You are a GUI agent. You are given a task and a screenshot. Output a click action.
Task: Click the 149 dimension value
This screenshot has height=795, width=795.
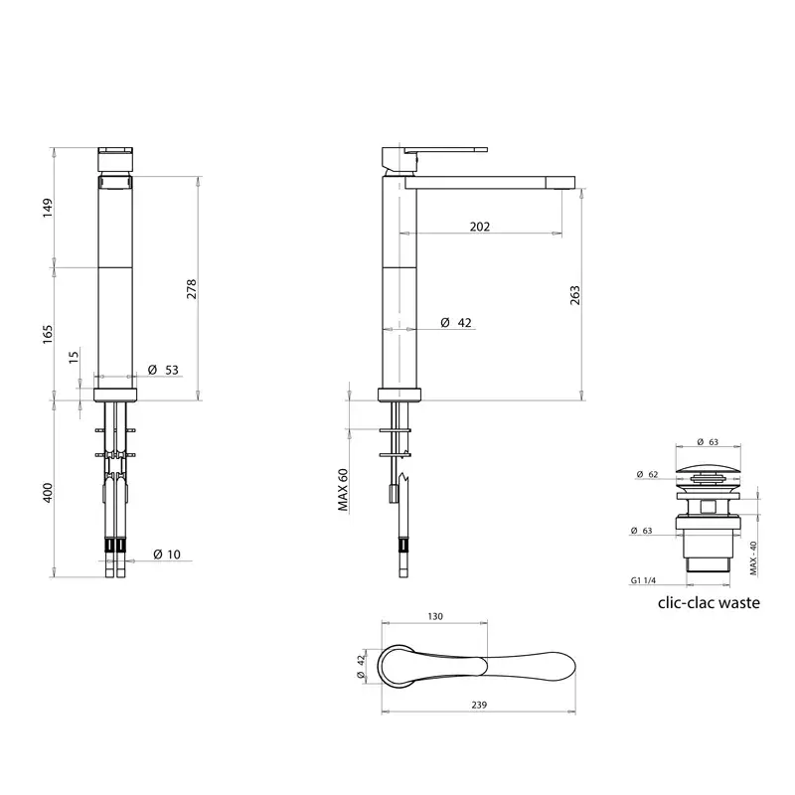point(48,209)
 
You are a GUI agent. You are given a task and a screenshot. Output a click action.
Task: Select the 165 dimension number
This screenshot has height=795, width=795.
point(48,335)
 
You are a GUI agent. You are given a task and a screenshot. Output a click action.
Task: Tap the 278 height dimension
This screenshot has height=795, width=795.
point(192,288)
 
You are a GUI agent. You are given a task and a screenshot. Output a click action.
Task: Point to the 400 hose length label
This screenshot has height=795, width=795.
point(48,493)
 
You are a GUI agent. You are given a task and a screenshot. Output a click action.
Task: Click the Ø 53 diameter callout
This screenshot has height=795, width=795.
point(163,370)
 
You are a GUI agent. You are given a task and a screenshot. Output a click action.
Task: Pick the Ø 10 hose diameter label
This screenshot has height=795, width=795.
point(167,555)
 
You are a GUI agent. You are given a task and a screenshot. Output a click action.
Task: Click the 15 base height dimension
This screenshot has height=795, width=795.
point(74,357)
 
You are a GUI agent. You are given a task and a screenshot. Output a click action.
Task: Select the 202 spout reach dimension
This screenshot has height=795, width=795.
point(480,227)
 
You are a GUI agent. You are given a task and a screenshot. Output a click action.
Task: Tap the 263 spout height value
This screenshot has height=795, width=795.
point(575,295)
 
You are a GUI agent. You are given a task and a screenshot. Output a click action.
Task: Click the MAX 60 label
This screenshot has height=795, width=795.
point(343,490)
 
